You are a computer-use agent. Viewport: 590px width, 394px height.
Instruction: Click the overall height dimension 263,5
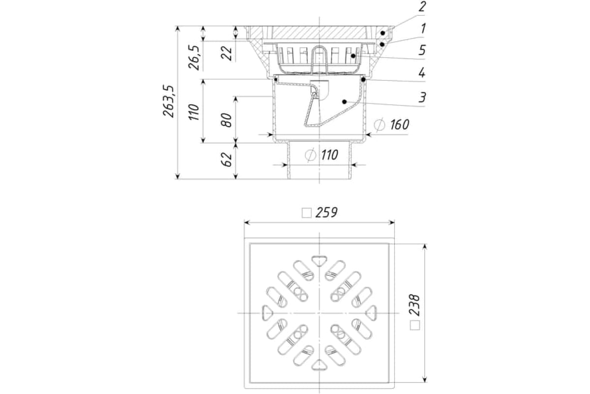point(169,101)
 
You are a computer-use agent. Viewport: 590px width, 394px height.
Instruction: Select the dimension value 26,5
point(194,58)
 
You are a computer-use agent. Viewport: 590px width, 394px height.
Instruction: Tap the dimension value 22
point(227,54)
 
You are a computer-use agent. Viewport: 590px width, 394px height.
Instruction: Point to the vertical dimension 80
point(227,120)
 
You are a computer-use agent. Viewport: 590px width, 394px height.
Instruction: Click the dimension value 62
point(227,160)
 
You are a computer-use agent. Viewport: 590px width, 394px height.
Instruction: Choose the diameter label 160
point(400,125)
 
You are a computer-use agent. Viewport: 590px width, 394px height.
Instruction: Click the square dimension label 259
point(326,212)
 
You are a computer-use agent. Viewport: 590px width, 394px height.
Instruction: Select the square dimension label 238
point(414,305)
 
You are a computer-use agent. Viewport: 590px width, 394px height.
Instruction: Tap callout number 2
point(422,6)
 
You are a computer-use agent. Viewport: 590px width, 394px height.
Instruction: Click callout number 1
point(423,29)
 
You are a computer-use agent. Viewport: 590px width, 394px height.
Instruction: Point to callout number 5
point(422,50)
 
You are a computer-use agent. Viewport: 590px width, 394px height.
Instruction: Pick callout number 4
point(422,72)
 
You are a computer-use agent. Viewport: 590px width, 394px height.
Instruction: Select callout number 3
point(422,98)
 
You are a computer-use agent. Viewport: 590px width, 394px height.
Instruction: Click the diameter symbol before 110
point(311,155)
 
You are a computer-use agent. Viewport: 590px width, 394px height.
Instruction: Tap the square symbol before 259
point(307,213)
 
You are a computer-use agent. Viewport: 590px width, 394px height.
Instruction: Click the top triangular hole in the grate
point(320,261)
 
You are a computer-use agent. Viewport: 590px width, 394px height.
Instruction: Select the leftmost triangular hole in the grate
point(267,313)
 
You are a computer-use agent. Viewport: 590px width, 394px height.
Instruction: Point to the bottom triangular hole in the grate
point(320,365)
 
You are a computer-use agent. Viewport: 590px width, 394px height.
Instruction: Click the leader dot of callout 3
point(344,101)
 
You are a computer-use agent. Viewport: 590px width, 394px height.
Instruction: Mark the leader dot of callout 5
point(353,56)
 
